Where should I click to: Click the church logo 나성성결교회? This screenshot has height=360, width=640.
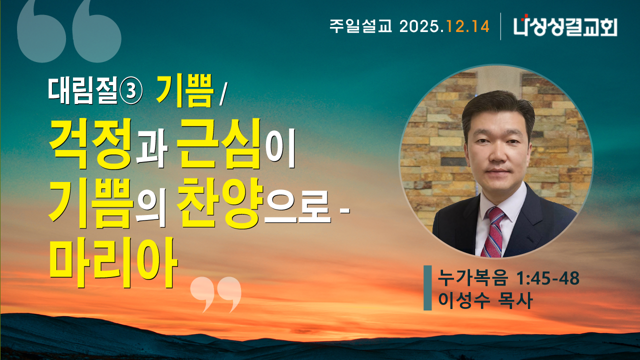coord(565,26)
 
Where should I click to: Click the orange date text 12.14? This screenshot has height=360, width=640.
coord(468,26)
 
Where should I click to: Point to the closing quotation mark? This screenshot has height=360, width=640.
coord(216,294)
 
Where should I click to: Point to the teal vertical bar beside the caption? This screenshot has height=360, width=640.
coord(427,288)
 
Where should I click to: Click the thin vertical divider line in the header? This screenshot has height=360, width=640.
coord(501,26)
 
